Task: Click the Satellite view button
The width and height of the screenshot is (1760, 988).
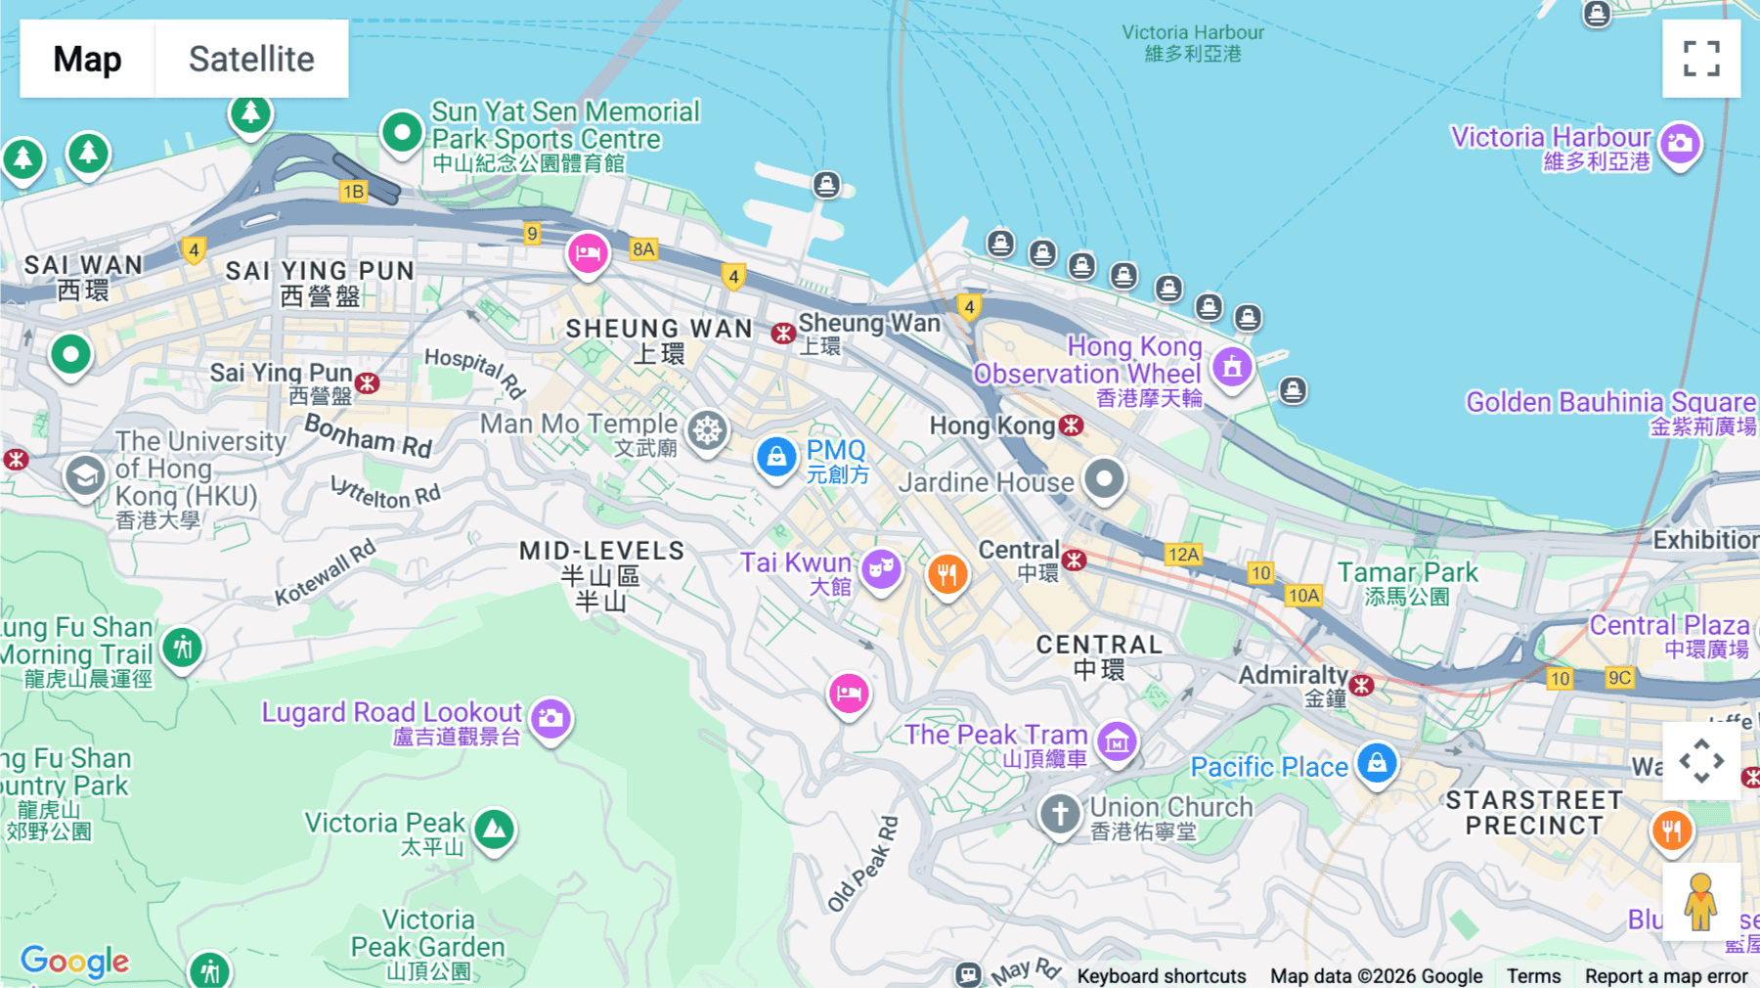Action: pos(251,59)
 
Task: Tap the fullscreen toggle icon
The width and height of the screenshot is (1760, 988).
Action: pos(1700,59)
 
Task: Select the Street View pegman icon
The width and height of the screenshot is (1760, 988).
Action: pos(1700,901)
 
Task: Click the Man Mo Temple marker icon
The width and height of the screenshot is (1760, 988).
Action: pos(707,429)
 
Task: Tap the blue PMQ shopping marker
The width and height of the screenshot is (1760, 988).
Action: pos(776,457)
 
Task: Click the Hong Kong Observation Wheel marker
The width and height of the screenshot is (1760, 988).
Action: pos(1232,367)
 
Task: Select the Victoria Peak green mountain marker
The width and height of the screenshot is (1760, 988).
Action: pos(495,829)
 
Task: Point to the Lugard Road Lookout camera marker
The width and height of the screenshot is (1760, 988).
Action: pos(550,718)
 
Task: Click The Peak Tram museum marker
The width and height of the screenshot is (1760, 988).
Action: pos(1117,741)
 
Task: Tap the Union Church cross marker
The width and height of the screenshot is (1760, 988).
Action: pos(1060,812)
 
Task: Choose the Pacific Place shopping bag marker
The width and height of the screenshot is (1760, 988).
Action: pos(1377,761)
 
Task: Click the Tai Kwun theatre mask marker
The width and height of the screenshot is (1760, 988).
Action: pos(881,566)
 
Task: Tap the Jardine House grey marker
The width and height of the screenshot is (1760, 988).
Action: pos(1105,478)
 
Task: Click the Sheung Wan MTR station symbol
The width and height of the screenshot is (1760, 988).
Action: pos(783,334)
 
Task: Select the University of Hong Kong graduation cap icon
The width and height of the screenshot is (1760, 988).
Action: pos(85,476)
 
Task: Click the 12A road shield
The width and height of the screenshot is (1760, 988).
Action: pos(1183,555)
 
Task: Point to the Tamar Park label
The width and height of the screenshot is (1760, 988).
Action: pos(1407,572)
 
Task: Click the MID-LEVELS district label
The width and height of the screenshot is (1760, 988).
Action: pos(601,551)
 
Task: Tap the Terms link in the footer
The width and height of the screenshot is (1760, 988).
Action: pos(1533,975)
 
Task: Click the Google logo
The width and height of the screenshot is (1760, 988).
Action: pos(74,961)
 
